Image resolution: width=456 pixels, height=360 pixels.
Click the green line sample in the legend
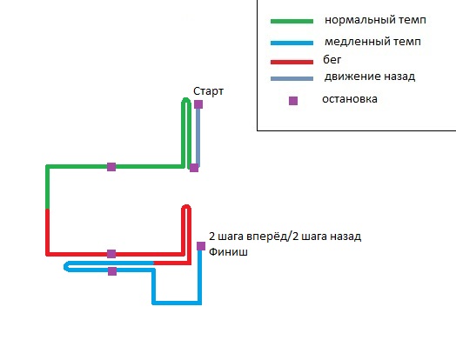click(x=292, y=21)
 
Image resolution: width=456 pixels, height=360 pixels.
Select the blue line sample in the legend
click(x=292, y=43)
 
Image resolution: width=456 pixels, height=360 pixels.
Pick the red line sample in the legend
click(x=292, y=62)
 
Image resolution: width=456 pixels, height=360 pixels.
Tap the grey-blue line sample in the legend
click(x=292, y=78)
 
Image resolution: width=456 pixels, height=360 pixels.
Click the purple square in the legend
click(x=293, y=101)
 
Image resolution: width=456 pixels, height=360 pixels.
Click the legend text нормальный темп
click(x=375, y=20)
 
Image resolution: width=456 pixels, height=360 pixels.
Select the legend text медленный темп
click(x=372, y=42)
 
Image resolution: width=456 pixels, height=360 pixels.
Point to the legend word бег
click(x=332, y=59)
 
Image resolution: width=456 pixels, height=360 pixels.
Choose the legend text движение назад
click(x=370, y=77)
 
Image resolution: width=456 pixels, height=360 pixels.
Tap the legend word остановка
click(x=350, y=99)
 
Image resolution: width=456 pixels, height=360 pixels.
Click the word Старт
click(x=208, y=91)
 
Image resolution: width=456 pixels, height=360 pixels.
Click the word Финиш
click(x=228, y=251)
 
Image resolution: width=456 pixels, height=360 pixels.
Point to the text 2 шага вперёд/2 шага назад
click(x=285, y=237)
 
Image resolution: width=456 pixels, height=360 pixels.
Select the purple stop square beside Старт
click(x=198, y=104)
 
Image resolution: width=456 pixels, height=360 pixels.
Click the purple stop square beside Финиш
click(x=201, y=246)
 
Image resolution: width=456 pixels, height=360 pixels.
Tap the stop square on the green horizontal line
click(x=111, y=167)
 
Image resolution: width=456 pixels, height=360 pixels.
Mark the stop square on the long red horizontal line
click(x=111, y=254)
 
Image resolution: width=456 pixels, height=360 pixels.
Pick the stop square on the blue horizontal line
click(x=112, y=271)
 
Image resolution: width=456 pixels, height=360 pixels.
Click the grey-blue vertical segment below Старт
click(x=198, y=136)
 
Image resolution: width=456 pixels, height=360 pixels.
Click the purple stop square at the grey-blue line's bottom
click(x=194, y=168)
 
